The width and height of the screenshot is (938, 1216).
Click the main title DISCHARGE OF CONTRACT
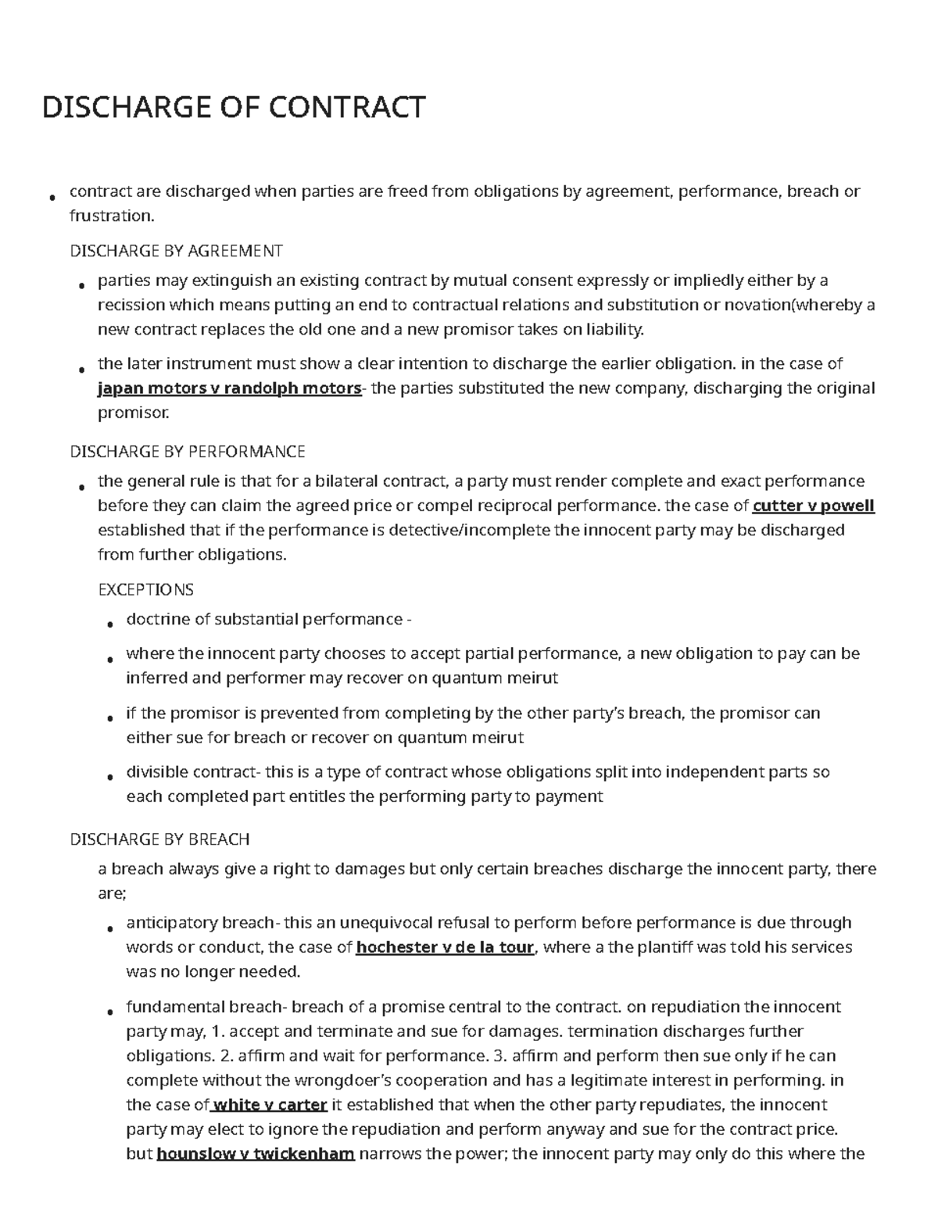pos(234,107)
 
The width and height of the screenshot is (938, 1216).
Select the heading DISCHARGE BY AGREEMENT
pos(176,251)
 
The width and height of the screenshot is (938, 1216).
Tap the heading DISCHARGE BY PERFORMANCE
pos(187,452)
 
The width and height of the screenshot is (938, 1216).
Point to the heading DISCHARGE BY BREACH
pos(159,839)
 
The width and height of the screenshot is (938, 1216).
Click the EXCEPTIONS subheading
pos(145,589)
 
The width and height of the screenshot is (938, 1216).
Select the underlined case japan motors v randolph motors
pos(229,388)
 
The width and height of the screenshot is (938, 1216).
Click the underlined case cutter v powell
pos(813,506)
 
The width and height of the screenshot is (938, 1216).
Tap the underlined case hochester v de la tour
pos(445,947)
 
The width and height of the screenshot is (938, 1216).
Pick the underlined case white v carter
pos(269,1105)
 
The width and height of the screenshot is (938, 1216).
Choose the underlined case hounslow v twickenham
pos(256,1154)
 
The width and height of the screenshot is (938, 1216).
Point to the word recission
pos(131,305)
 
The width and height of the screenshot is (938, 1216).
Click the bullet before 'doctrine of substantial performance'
pos(110,624)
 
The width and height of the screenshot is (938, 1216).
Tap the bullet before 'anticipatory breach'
pos(110,927)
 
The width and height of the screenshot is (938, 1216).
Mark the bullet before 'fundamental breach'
pos(110,1011)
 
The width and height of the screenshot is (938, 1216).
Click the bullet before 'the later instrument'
pos(82,367)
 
